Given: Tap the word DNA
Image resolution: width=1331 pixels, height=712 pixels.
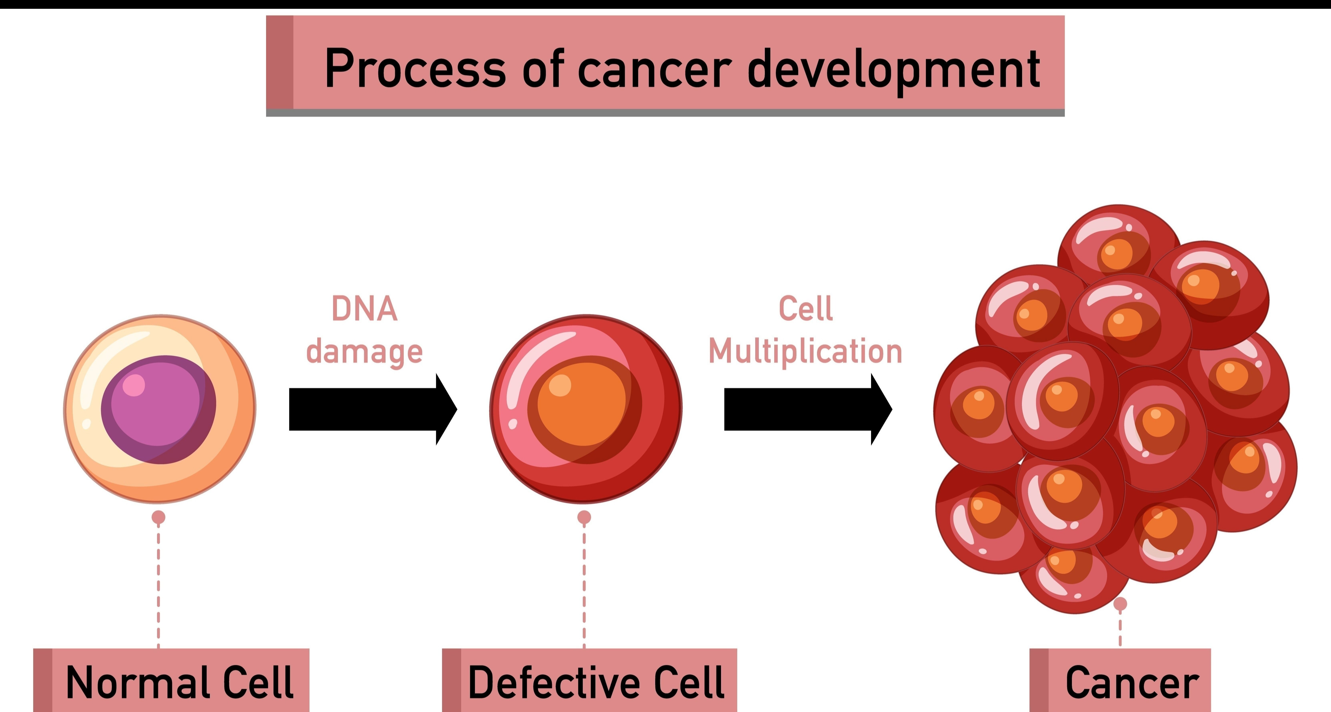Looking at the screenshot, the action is (364, 309).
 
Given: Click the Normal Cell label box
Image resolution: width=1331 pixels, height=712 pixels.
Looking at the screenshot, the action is (171, 680).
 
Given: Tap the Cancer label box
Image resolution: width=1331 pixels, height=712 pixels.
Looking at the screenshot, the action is (1120, 680).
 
